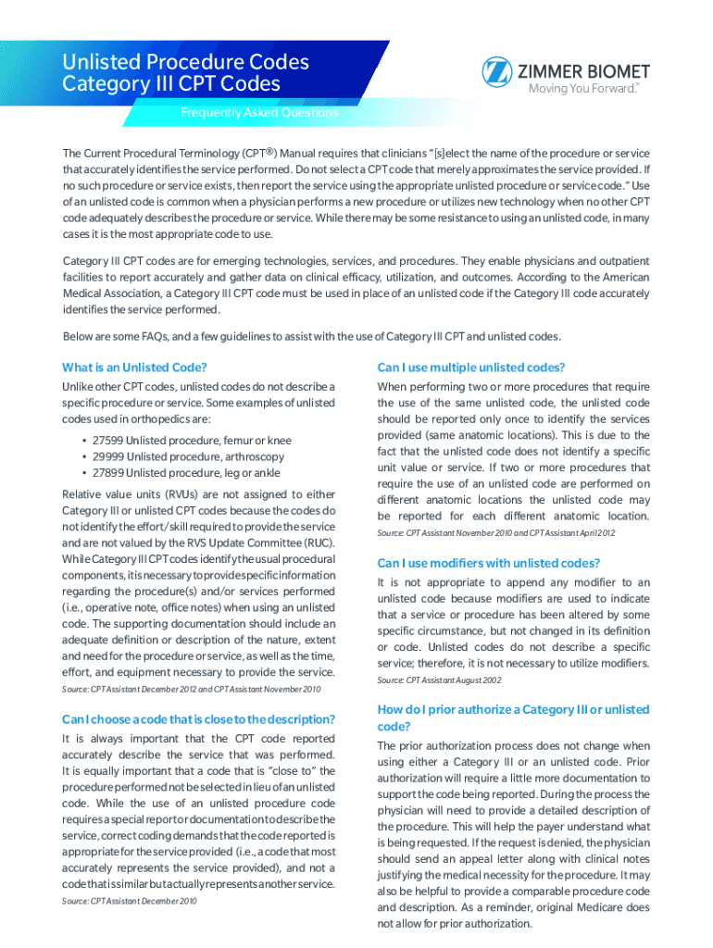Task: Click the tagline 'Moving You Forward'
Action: (x=582, y=90)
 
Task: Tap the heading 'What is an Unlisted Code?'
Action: (x=133, y=367)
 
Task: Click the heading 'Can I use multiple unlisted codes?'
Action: (x=471, y=367)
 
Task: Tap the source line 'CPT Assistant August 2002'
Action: (x=439, y=680)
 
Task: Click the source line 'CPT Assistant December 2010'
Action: (x=129, y=901)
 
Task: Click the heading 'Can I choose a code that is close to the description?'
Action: (x=198, y=719)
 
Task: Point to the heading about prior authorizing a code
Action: (x=513, y=717)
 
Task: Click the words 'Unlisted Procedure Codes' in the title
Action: (x=185, y=62)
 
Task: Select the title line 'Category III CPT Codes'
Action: (x=170, y=84)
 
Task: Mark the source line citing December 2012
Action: (x=191, y=689)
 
